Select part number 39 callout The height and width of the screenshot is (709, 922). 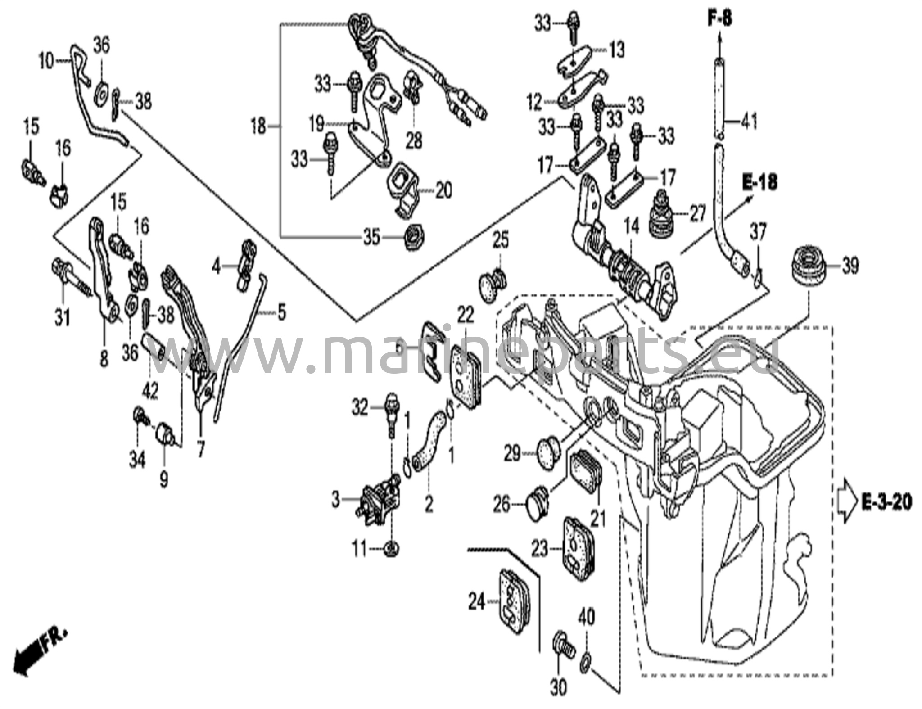coord(850,266)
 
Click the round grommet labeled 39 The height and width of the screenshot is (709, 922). coord(809,266)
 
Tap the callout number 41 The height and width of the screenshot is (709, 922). coord(749,122)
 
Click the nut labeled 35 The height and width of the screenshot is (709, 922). coord(411,237)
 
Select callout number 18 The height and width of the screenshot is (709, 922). coord(258,126)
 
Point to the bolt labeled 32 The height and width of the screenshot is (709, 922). coord(391,414)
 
